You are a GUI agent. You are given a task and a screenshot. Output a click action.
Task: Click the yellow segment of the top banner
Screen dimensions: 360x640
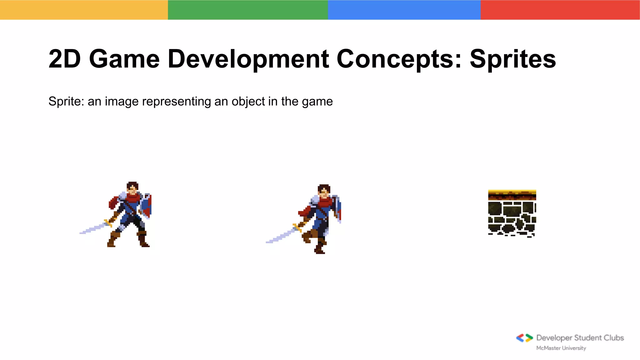(x=84, y=10)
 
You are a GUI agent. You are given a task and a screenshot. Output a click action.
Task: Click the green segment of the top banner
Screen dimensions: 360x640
(x=248, y=10)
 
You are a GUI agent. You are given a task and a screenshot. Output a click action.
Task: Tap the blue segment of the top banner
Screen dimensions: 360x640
(x=404, y=10)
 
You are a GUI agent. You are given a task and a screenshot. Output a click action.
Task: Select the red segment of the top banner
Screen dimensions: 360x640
(x=560, y=10)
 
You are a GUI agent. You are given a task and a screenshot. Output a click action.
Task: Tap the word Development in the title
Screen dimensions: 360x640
(x=248, y=59)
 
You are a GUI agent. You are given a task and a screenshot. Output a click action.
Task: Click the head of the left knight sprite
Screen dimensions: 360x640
(x=132, y=187)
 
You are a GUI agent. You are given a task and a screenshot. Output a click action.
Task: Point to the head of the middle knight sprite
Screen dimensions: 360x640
(x=324, y=191)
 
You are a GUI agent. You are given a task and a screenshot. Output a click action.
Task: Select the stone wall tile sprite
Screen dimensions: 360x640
(x=512, y=217)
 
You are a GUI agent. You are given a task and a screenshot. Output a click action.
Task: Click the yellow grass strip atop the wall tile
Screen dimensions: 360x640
(x=512, y=192)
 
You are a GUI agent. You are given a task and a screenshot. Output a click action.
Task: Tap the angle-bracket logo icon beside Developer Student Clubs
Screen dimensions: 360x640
(x=524, y=338)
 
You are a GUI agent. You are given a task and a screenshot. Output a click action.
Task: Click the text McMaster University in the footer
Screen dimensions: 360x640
(x=561, y=348)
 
